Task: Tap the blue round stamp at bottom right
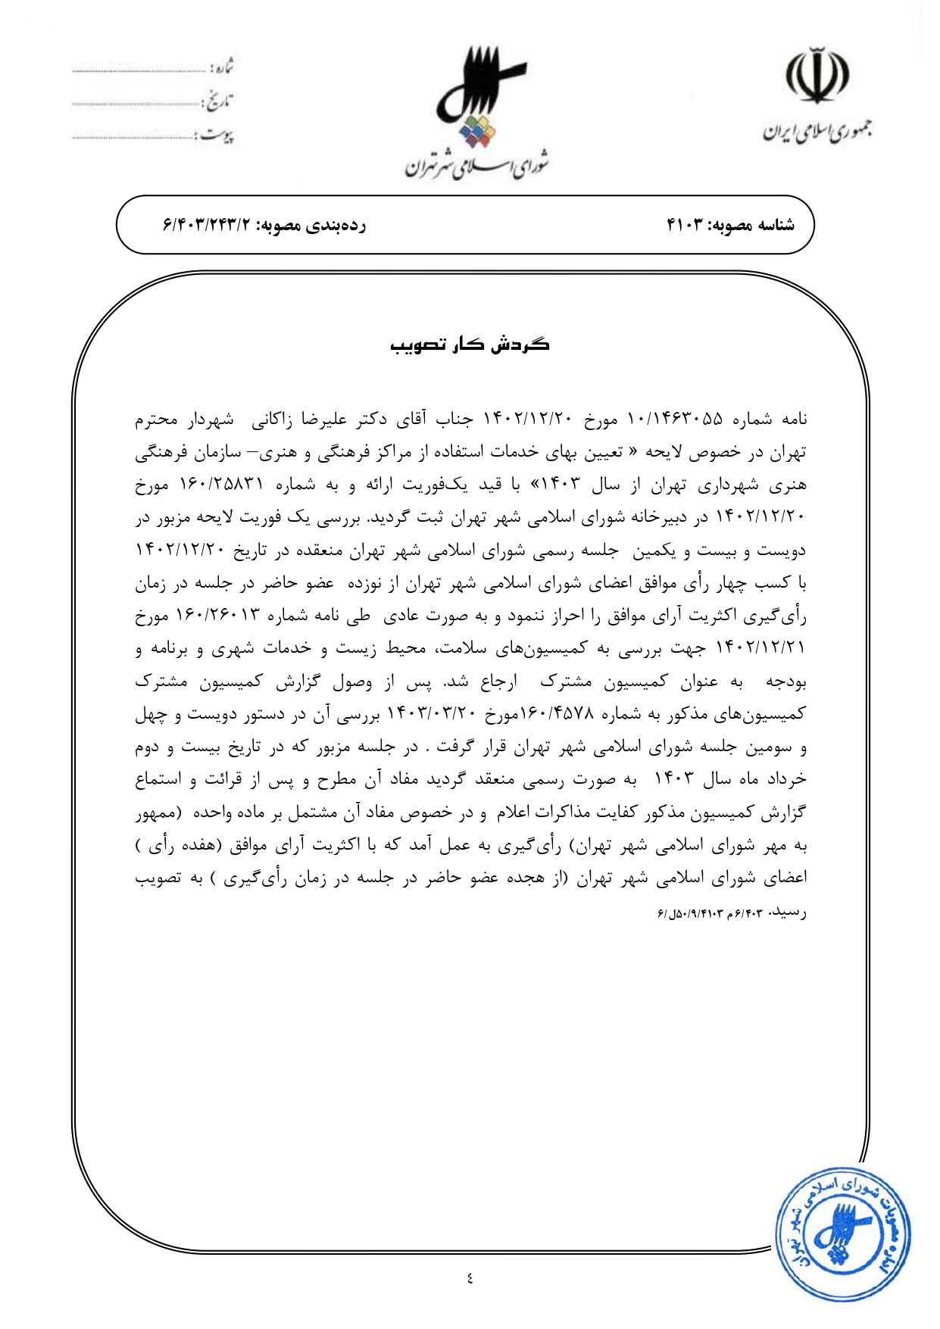(x=842, y=1234)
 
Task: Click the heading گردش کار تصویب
(x=470, y=345)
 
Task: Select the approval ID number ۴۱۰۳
(x=685, y=225)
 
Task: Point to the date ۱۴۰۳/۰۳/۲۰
(x=433, y=714)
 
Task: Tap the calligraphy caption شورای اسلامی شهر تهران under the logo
(x=476, y=166)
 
